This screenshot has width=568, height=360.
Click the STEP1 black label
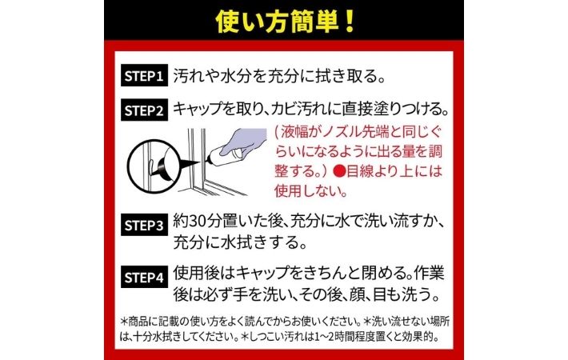(x=144, y=76)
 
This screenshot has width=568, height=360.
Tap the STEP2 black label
(x=144, y=110)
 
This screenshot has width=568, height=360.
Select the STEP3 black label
(x=144, y=225)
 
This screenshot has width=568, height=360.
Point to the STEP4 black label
(x=144, y=277)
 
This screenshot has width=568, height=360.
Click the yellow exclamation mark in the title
(x=350, y=22)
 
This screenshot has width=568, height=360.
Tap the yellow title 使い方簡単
(x=278, y=22)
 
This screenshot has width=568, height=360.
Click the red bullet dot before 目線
(x=340, y=170)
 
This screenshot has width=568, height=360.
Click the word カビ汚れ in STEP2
(x=299, y=109)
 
